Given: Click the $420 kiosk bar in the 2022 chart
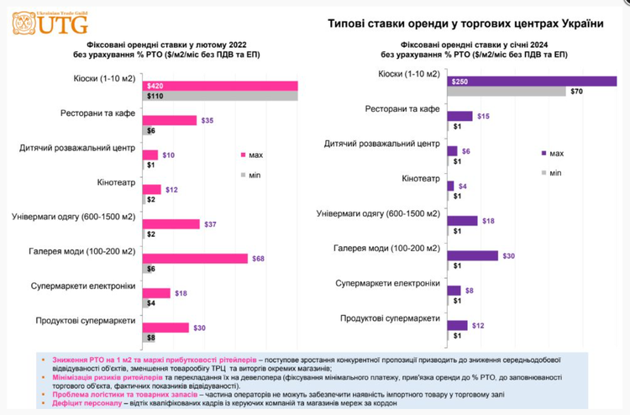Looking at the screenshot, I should [220, 86].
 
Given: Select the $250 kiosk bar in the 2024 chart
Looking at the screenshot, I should [531, 81].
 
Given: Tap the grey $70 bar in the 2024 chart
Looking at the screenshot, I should [507, 91].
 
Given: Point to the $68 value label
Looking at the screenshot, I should [258, 258].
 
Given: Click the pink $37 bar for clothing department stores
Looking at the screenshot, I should [171, 223].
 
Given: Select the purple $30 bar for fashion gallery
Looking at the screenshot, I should [472, 255].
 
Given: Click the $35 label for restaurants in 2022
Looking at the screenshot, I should [207, 120].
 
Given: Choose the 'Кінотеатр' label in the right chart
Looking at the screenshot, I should [421, 179].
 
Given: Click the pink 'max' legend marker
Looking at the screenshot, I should [243, 155].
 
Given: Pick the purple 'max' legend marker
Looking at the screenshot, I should [543, 153].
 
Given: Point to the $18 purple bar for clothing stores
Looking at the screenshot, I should [462, 221].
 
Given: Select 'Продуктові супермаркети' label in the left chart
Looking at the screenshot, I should [86, 321].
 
